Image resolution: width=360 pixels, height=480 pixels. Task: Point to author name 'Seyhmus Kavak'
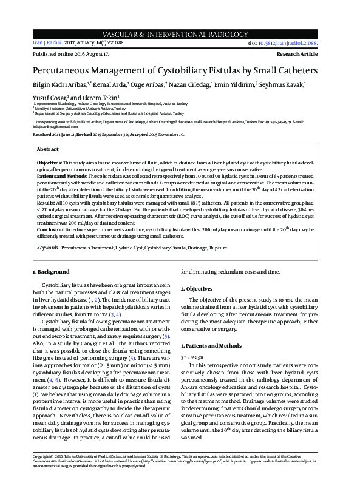click(285, 85)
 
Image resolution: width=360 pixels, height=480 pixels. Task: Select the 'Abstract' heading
click(48, 149)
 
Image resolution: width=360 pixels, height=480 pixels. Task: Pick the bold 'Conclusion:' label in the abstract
click(52, 230)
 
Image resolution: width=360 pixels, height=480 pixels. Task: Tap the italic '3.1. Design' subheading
click(200, 357)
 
